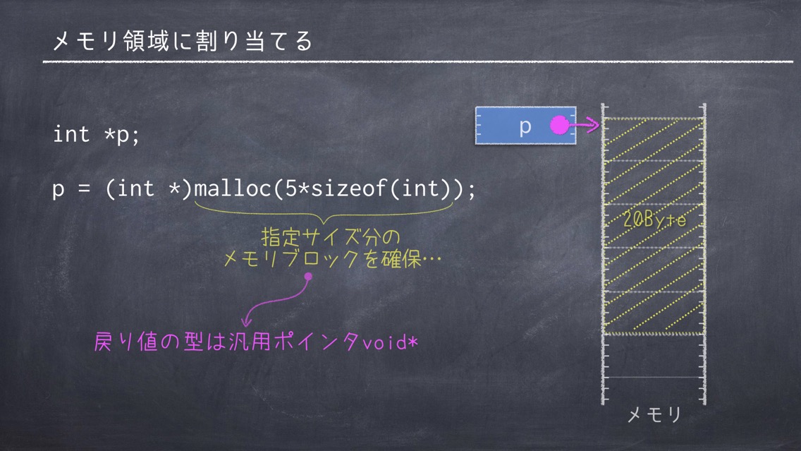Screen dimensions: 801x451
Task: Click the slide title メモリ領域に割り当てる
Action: [x=183, y=41]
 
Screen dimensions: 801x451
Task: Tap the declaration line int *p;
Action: [x=96, y=135]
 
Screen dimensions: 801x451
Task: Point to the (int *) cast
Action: [x=148, y=188]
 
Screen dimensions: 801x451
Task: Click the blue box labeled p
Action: [x=526, y=126]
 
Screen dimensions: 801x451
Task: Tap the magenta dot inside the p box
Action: [x=559, y=125]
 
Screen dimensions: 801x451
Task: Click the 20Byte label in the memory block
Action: [x=654, y=220]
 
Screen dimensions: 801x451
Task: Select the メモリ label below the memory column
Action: [x=654, y=415]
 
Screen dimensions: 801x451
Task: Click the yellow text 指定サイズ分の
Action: [x=331, y=236]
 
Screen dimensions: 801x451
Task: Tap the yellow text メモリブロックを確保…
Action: [x=333, y=259]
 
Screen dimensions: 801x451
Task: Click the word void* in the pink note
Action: [x=391, y=342]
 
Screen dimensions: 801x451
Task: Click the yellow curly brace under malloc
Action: [x=324, y=213]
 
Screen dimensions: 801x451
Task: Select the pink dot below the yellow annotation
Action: [x=308, y=277]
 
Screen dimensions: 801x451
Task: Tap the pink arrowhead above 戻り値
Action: [x=246, y=321]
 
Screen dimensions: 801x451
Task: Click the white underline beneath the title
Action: [x=418, y=62]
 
